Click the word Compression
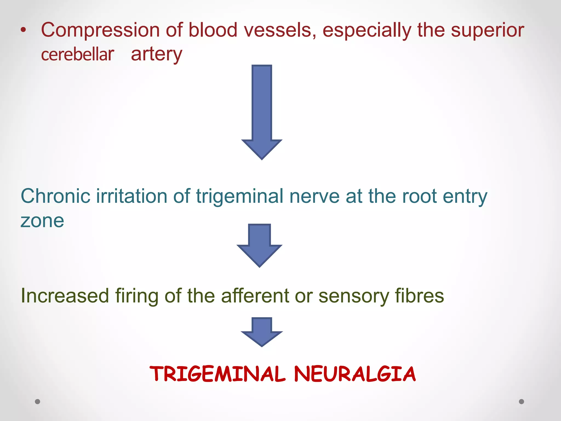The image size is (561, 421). [100, 30]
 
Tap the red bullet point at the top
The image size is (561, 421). [24, 30]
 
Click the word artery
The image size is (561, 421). [156, 54]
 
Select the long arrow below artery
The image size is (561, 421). [262, 112]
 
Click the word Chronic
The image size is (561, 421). [56, 196]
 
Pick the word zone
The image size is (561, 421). [42, 221]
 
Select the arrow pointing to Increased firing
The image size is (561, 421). [259, 246]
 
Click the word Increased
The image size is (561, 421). [65, 296]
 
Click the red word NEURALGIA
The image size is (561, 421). [355, 374]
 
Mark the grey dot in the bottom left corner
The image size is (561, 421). [38, 402]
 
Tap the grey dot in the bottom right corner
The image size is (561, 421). [522, 402]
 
